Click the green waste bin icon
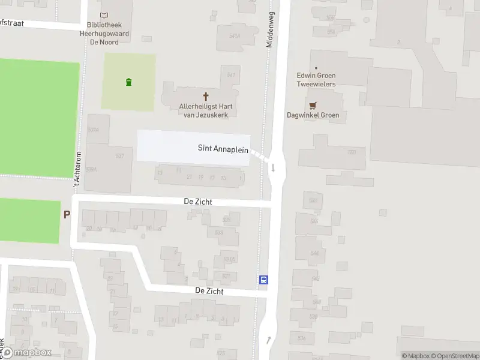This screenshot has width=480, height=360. click(x=128, y=82)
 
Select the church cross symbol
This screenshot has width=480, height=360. click(x=206, y=96)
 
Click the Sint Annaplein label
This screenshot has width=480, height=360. click(x=223, y=148)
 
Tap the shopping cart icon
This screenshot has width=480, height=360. click(x=313, y=104)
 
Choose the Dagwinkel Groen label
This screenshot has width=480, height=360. click(x=313, y=115)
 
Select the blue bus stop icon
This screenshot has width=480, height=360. click(x=263, y=280)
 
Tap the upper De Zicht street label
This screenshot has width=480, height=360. click(x=198, y=203)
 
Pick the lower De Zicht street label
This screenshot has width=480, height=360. click(x=209, y=291)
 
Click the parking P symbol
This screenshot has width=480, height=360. click(x=67, y=214)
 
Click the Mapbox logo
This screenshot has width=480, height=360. click(x=26, y=353)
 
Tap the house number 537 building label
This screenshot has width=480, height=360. click(x=119, y=156)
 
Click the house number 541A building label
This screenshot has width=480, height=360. click(x=234, y=36)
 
